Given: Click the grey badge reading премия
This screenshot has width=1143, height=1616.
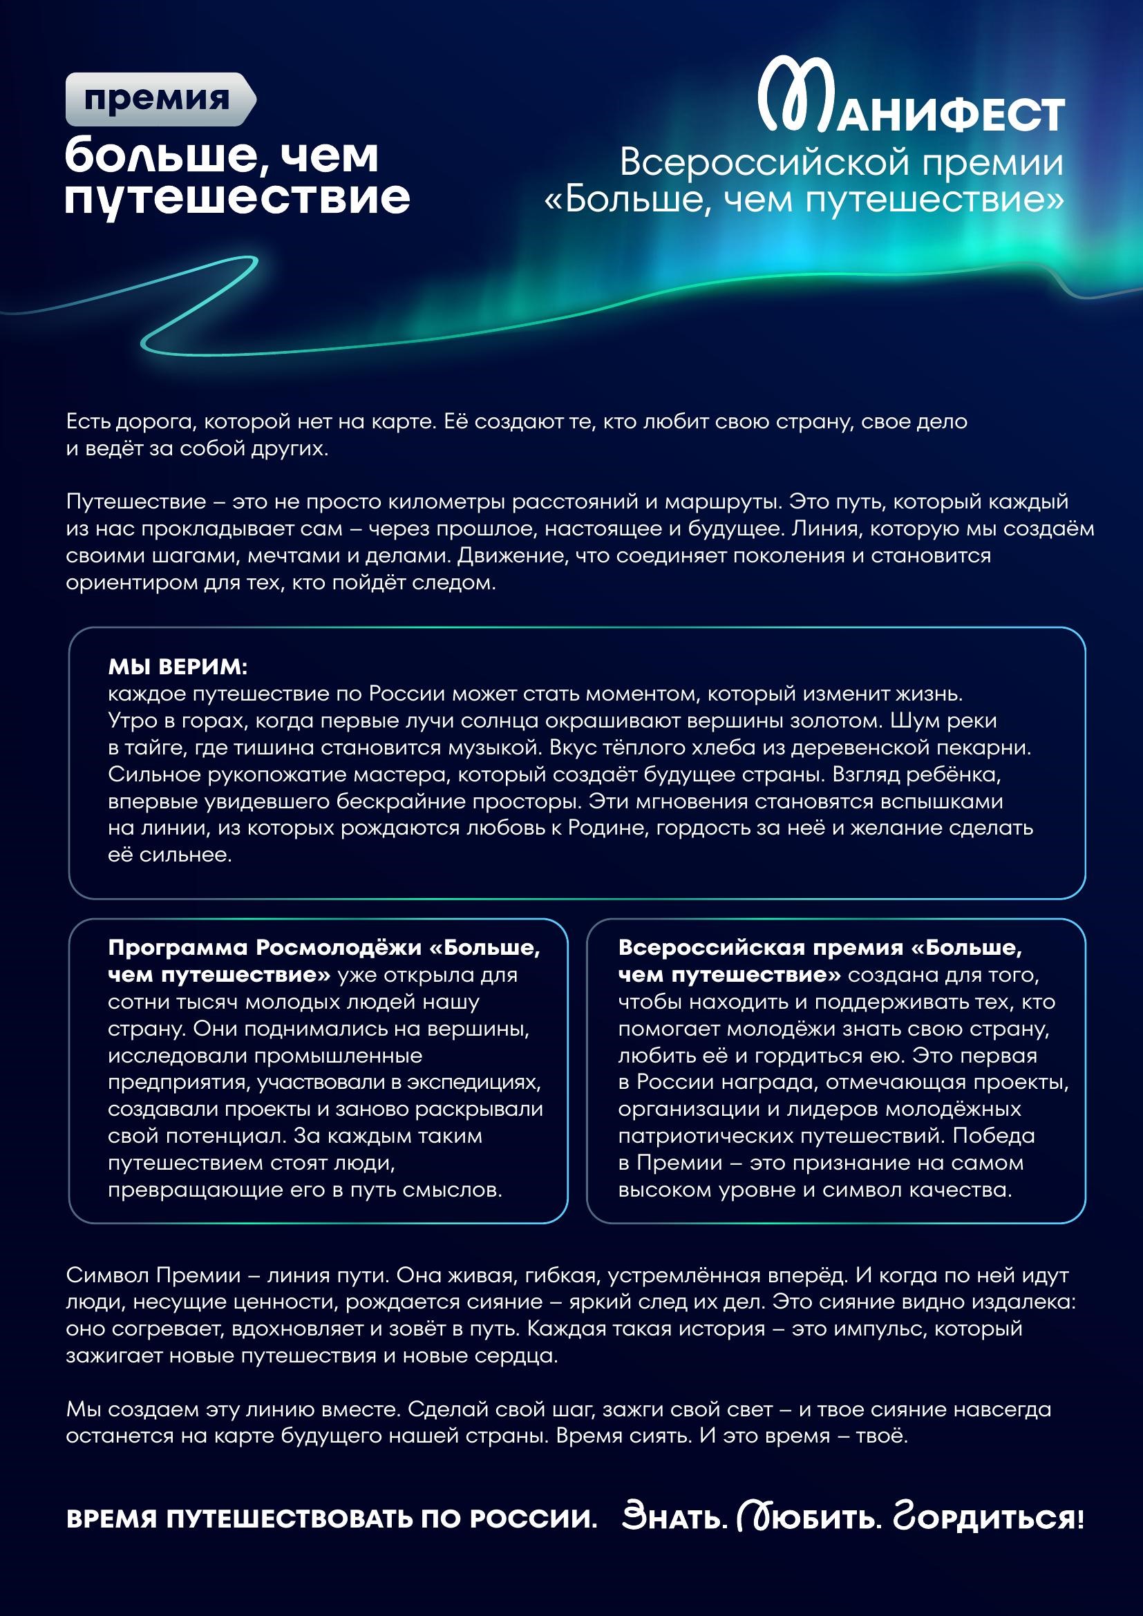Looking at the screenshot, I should coord(159,99).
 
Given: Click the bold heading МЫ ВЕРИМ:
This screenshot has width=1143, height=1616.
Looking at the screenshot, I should coord(178,666).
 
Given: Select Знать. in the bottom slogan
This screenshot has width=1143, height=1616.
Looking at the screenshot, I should coord(674,1519).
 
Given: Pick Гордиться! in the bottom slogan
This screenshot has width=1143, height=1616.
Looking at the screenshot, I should coord(988,1519).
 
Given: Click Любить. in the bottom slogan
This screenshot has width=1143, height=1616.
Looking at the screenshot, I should coord(809,1519).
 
